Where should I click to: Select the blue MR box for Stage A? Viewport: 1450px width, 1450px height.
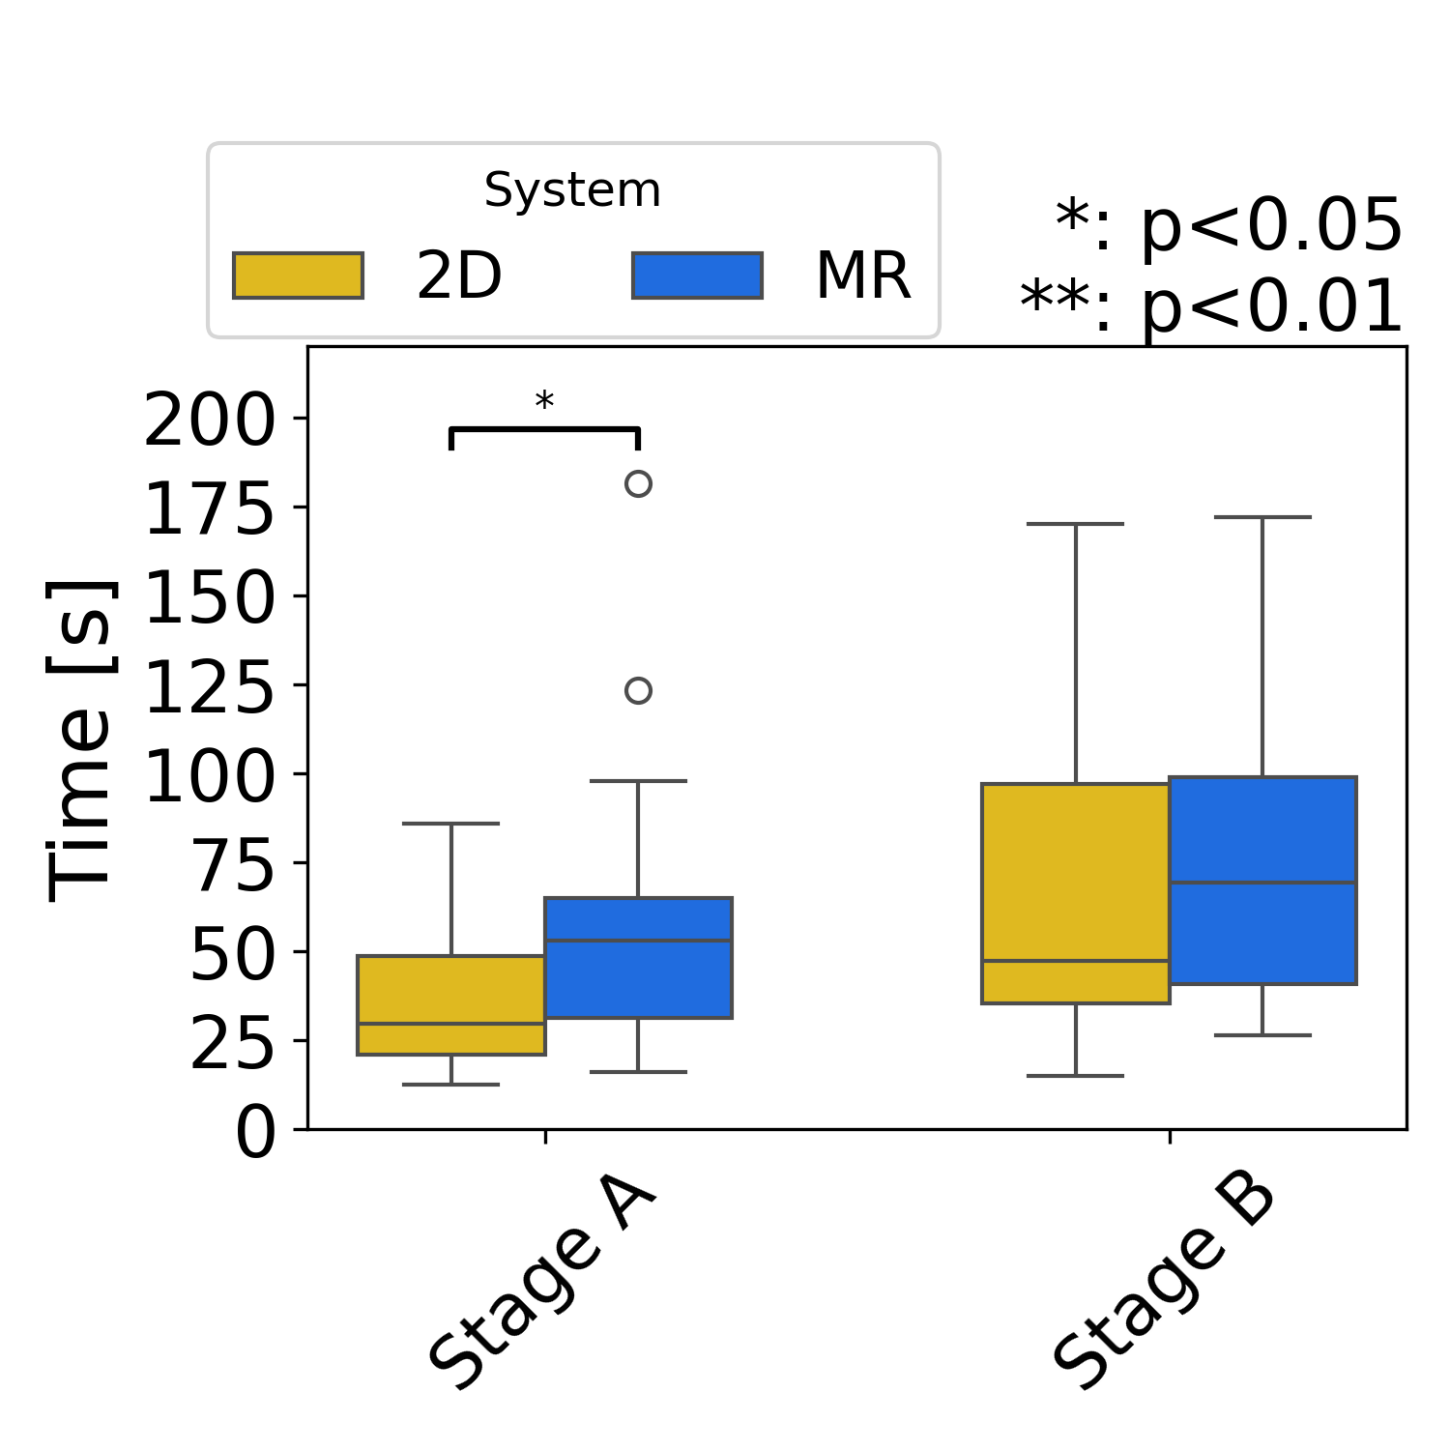coord(638,957)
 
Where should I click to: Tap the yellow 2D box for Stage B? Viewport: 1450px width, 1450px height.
coord(1076,893)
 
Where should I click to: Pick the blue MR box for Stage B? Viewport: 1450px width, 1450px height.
coord(1262,880)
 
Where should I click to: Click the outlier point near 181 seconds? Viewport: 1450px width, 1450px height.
coord(638,483)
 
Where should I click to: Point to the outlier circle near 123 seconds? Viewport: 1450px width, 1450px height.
coord(638,690)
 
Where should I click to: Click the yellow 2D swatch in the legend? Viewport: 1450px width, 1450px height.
coord(298,275)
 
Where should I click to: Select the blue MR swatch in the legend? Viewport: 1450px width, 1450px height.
coord(697,275)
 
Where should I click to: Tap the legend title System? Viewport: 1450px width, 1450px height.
coord(572,189)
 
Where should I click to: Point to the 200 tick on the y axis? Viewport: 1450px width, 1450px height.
coord(209,420)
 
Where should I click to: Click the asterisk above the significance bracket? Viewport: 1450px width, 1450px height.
coord(544,401)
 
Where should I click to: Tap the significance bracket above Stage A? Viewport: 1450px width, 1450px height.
coord(544,428)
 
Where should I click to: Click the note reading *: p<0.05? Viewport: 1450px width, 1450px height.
coord(1228,225)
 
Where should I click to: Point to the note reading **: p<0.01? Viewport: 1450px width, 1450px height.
coord(1211,306)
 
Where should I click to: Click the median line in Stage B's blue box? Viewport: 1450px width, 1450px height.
coord(1262,883)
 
